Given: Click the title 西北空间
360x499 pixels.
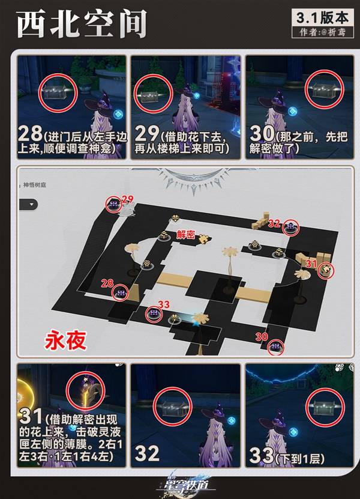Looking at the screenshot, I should click(81, 25).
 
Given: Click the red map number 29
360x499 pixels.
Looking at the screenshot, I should click(127, 198).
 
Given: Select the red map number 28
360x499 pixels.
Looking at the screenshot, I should click(107, 283).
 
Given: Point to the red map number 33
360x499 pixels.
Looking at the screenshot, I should click(163, 303).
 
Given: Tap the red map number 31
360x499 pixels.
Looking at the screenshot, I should click(311, 262).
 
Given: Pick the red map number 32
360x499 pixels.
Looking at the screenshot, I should click(275, 223).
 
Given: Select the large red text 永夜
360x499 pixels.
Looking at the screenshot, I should click(65, 341).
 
